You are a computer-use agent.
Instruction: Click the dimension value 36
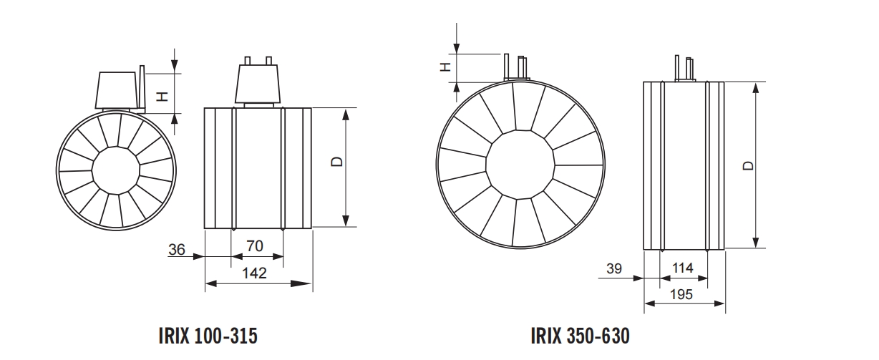tap(177, 250)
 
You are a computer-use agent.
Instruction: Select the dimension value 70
tap(255, 246)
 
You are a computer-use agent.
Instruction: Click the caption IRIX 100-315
tap(206, 336)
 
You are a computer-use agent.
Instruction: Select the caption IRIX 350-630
tap(581, 336)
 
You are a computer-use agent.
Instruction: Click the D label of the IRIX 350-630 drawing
tap(747, 165)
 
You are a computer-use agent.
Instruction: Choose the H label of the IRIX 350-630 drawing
tap(445, 67)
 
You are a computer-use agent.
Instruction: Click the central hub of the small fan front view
tap(115, 170)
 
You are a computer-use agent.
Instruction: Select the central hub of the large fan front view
tap(520, 166)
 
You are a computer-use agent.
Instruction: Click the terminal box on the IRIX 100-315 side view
tap(256, 84)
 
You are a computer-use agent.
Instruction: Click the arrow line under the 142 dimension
tap(258, 284)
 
